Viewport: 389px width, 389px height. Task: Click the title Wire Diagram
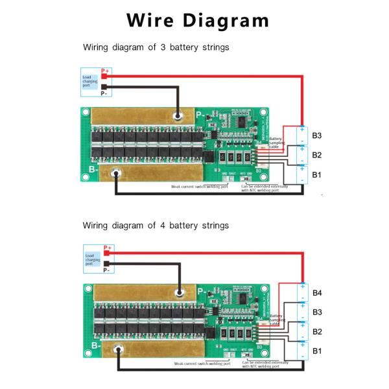198,20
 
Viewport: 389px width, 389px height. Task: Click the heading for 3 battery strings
156,47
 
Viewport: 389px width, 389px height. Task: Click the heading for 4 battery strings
156,226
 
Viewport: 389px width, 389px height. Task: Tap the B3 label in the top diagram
317,136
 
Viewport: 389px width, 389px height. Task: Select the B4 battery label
317,293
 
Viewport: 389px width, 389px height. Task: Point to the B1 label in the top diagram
317,174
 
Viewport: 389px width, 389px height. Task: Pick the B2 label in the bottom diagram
317,331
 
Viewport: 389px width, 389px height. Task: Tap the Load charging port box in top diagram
90,81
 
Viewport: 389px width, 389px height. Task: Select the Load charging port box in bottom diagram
92,259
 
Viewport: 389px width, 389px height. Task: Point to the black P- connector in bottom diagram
105,264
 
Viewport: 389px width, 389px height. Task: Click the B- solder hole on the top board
117,173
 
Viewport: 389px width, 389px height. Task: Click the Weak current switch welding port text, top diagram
200,187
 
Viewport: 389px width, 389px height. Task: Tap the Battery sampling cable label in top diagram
276,143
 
